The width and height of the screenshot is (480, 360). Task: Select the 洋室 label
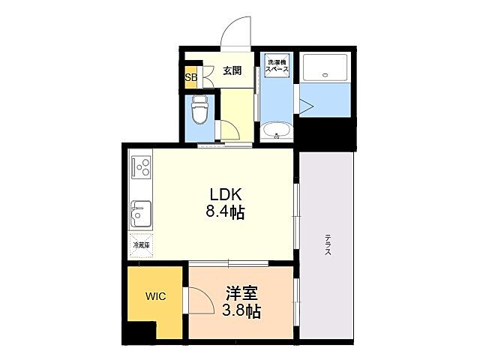pos(239,291)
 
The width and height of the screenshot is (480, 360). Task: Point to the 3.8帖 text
pos(241,310)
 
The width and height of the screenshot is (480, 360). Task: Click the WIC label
pos(155,296)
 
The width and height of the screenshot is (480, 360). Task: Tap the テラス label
pos(328,246)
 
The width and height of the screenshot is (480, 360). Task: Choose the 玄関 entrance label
pos(232,71)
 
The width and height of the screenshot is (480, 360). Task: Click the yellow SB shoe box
pos(190,76)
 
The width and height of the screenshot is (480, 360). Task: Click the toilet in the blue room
pos(199,110)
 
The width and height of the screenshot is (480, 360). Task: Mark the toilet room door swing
pos(227,128)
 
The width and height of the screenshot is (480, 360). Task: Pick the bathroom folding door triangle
pos(307,105)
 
